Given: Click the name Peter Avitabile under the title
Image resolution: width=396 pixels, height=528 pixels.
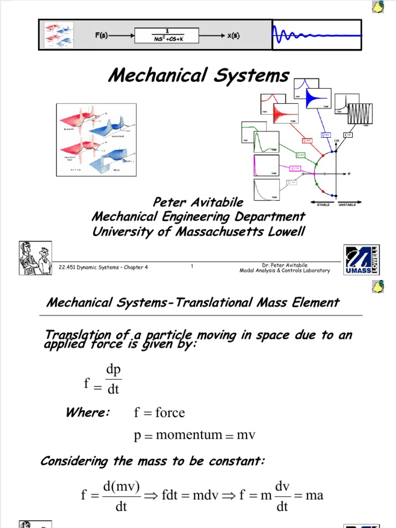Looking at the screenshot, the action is [x=199, y=203].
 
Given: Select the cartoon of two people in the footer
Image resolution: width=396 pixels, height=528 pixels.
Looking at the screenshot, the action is [x=36, y=258].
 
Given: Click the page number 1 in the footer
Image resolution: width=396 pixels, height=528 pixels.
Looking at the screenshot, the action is [x=192, y=267].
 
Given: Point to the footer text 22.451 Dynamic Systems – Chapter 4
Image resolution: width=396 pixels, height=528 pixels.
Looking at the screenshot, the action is [x=103, y=267].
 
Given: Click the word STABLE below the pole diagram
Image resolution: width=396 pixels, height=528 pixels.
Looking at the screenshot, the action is [x=323, y=205].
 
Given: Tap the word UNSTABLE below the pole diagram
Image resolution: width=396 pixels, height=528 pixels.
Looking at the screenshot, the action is [x=348, y=205].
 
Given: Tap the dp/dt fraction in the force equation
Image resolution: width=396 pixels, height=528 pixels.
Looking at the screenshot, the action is [x=112, y=379].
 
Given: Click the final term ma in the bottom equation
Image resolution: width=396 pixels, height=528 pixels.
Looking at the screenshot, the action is [x=315, y=496].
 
